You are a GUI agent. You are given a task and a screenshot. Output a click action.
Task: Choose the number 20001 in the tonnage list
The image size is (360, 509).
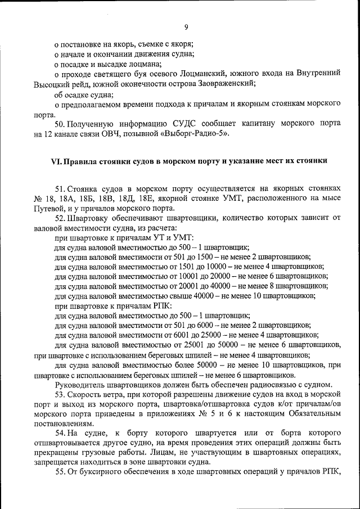(x=178, y=286)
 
